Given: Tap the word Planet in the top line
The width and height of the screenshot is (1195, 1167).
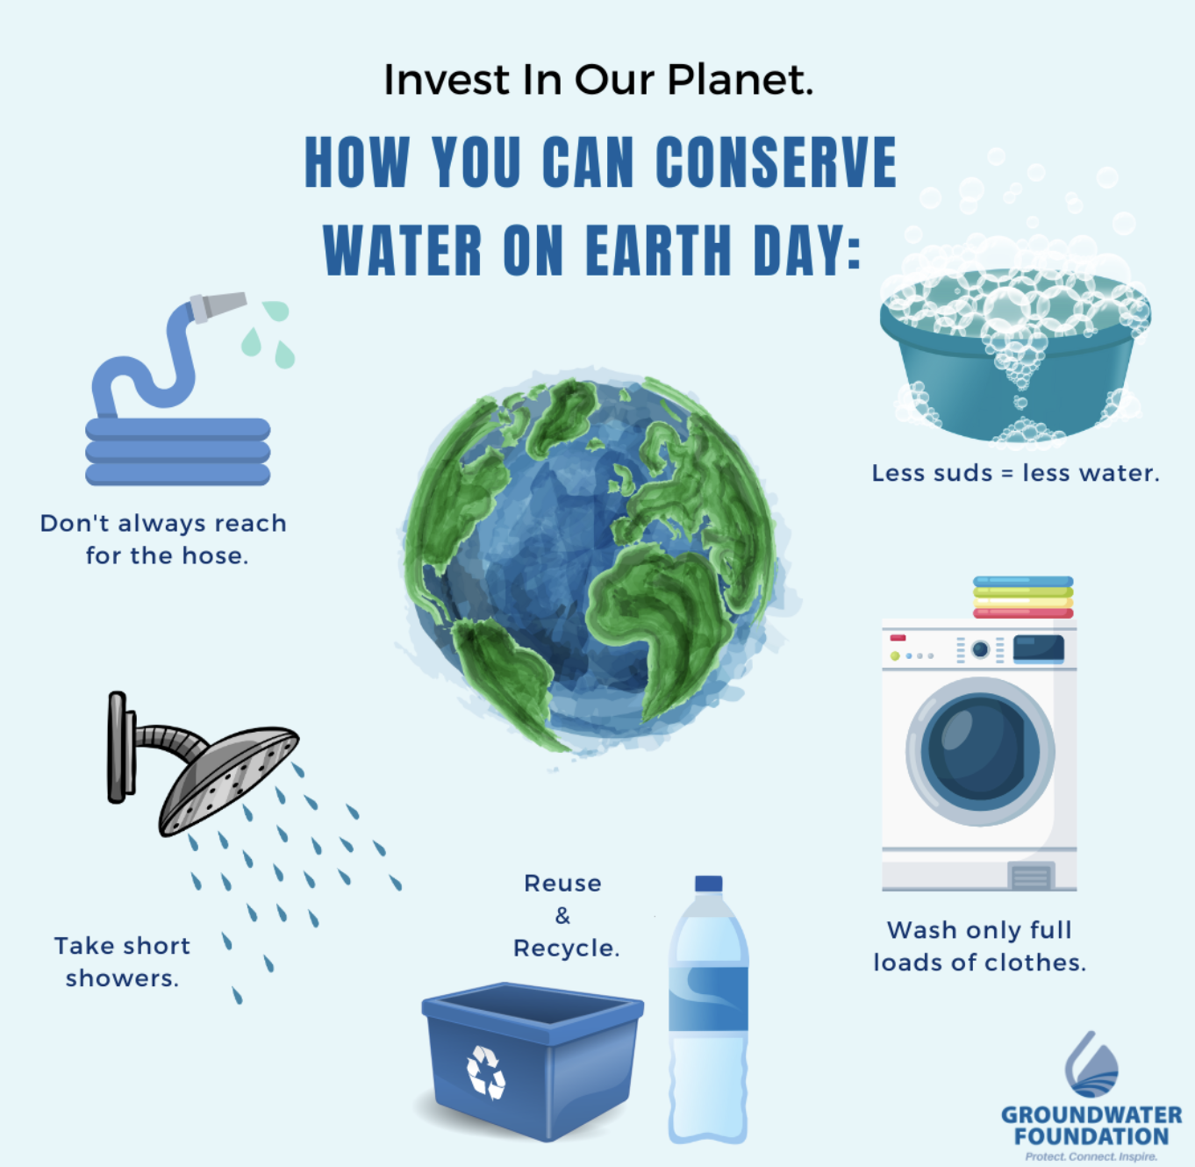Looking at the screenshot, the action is pyautogui.click(x=740, y=80).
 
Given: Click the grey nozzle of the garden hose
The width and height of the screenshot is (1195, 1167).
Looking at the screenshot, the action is pyautogui.click(x=218, y=306).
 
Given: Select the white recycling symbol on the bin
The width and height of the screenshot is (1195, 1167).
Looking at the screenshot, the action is pyautogui.click(x=486, y=1072).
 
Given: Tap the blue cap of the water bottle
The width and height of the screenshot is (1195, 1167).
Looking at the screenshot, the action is pyautogui.click(x=709, y=884).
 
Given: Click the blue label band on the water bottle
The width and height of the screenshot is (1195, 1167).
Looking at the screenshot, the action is pyautogui.click(x=708, y=999).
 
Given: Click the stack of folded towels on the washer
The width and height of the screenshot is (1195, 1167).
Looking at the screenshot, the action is pyautogui.click(x=1023, y=597).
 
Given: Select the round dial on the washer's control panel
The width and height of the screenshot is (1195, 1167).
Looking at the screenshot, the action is pyautogui.click(x=981, y=649).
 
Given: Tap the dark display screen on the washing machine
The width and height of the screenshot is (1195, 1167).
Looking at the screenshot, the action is pyautogui.click(x=1039, y=648).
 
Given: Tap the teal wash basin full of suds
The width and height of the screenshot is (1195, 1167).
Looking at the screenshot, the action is pyautogui.click(x=1014, y=355).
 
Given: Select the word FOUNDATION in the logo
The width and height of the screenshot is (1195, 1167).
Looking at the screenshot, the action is pyautogui.click(x=1091, y=1136).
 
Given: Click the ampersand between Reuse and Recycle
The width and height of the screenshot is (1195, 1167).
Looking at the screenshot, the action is pyautogui.click(x=562, y=916).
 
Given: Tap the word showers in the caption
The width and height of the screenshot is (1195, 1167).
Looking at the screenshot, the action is pyautogui.click(x=122, y=977).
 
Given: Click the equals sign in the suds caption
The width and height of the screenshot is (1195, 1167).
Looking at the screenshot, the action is pyautogui.click(x=1007, y=474).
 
